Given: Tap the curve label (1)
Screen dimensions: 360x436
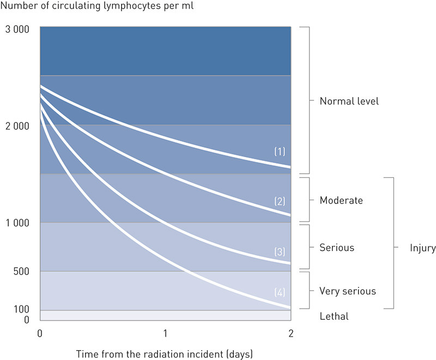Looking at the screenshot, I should tap(279, 151).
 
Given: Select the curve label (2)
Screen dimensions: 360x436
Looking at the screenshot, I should tap(279, 201).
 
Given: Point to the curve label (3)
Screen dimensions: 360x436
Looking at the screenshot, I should tap(279, 252).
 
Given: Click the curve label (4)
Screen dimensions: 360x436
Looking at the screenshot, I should tap(279, 292).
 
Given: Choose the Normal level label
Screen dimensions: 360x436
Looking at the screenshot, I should tap(349, 101).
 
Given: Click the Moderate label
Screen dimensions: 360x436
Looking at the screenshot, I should tap(341, 201).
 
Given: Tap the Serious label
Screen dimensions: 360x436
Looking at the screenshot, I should tap(337, 248).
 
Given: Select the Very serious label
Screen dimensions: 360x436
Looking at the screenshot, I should tap(348, 291).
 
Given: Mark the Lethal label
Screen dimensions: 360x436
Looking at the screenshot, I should tap(334, 316).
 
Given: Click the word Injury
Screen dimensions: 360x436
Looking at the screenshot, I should tap(422, 248).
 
